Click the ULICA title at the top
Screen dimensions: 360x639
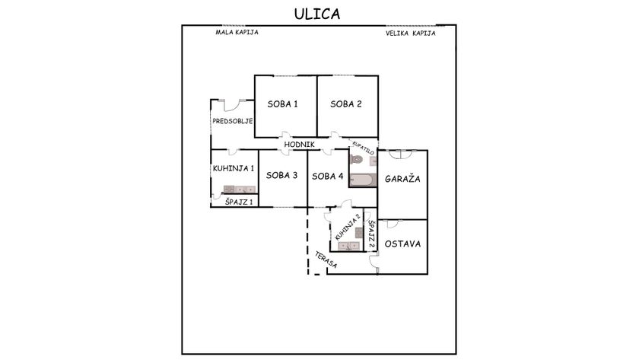tap(318, 14)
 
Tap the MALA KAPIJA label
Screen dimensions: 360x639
tap(237, 33)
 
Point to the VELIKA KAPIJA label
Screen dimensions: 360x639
tap(410, 33)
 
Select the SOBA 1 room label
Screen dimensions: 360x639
tap(282, 104)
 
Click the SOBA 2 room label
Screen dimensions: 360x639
tap(346, 104)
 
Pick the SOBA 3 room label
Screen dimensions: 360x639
tap(282, 175)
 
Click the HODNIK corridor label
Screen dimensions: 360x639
tap(299, 144)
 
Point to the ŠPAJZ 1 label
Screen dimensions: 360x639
tap(239, 201)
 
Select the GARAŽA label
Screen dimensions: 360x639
tap(403, 178)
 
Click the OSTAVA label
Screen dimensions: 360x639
tap(403, 244)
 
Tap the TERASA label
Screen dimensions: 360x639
tap(318, 259)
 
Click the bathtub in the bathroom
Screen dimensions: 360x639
tap(364, 180)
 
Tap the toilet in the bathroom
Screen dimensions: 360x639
tap(356, 161)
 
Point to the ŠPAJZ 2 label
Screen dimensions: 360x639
tap(371, 235)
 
